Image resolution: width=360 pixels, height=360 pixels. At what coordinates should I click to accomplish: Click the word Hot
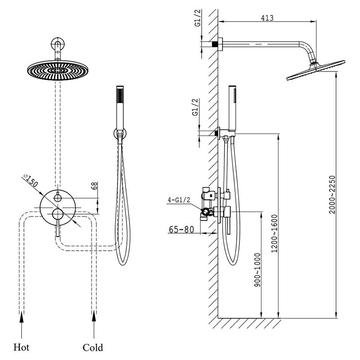(22, 347)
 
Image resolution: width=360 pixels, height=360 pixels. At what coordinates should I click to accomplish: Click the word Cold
(93, 347)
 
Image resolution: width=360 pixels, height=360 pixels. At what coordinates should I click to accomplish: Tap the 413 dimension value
(267, 18)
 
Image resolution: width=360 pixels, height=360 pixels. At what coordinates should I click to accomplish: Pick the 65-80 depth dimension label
(181, 229)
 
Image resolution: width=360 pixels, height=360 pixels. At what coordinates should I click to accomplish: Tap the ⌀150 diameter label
(31, 180)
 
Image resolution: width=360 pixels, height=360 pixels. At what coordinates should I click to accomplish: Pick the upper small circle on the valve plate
(58, 198)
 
